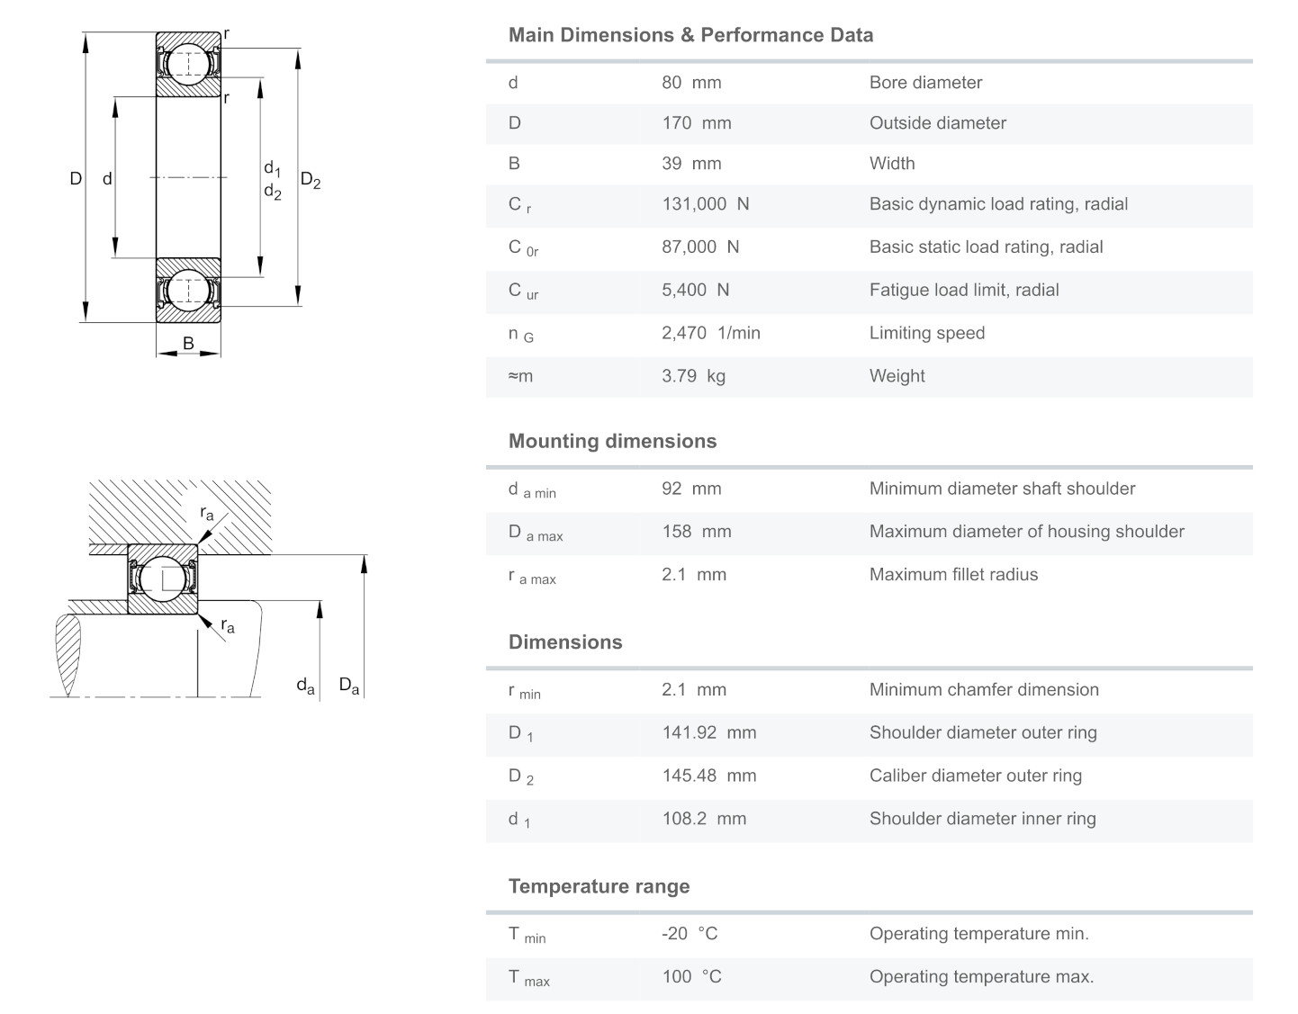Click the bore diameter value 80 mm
pyautogui.click(x=691, y=83)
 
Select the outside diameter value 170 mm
pyautogui.click(x=696, y=123)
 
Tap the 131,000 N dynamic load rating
pyautogui.click(x=705, y=204)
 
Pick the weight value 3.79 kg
pyautogui.click(x=693, y=376)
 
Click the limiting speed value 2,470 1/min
pyautogui.click(x=710, y=333)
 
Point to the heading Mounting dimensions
pyautogui.click(x=612, y=441)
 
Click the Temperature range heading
pyautogui.click(x=599, y=886)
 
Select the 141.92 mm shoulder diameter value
pyautogui.click(x=708, y=732)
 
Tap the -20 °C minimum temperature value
pyautogui.click(x=690, y=934)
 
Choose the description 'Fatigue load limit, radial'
pyautogui.click(x=963, y=290)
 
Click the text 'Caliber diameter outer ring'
pyautogui.click(x=975, y=776)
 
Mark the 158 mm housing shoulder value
pyautogui.click(x=696, y=532)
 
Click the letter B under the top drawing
pyautogui.click(x=188, y=343)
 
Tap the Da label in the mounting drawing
pyautogui.click(x=349, y=686)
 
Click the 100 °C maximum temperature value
pyautogui.click(x=691, y=977)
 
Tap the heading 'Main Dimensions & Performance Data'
pyautogui.click(x=690, y=35)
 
